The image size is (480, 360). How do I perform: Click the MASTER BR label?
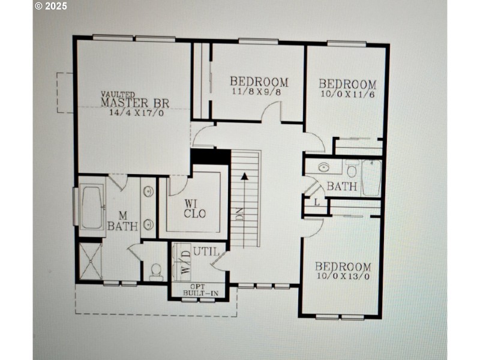point(135,103)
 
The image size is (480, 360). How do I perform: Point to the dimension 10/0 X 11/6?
point(347,94)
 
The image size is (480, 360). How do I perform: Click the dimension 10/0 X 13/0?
point(343,276)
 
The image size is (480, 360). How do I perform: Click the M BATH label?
point(122,221)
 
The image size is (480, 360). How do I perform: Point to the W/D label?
point(185,263)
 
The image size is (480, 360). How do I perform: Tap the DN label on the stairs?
point(239,215)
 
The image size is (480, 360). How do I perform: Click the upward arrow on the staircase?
point(245,176)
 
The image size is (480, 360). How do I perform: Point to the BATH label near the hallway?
point(342,187)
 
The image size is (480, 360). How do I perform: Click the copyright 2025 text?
point(51,6)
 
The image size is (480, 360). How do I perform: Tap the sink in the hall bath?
point(324,166)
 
